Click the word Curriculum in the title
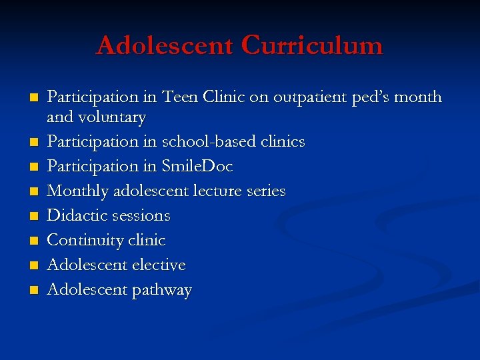point(312,45)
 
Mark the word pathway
point(161,291)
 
